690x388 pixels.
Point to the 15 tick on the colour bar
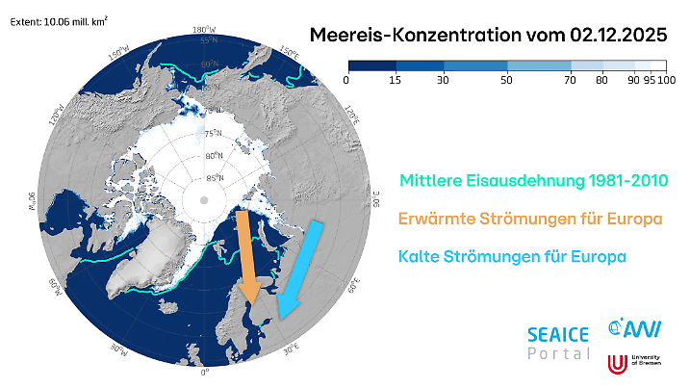click(x=396, y=81)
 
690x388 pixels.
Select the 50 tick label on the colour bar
click(x=506, y=81)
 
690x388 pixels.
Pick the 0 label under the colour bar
click(x=345, y=81)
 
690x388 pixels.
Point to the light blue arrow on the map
click(x=301, y=267)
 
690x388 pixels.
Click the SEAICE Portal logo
click(x=557, y=343)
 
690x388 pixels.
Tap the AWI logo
click(x=627, y=329)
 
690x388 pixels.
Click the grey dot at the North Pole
click(x=203, y=199)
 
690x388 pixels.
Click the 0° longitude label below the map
click(x=203, y=372)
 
